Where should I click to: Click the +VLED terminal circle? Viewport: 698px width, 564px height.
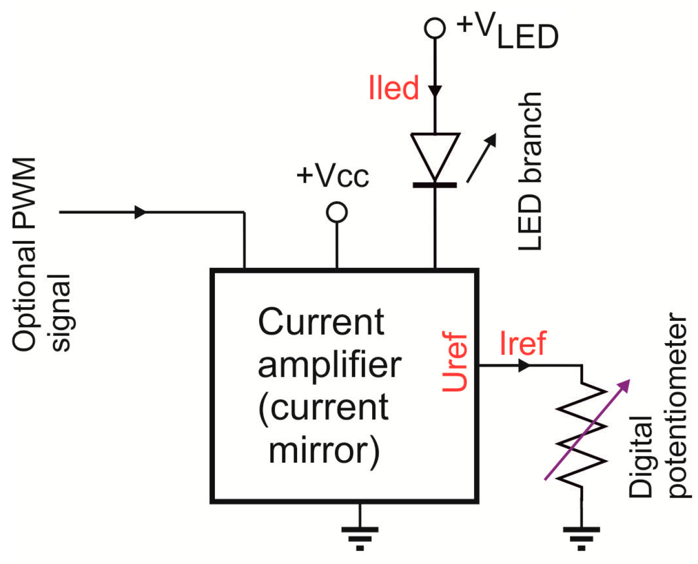coord(435,28)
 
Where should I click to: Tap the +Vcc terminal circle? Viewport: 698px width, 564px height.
coord(337,212)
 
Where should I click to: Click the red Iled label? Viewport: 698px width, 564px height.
coord(394,88)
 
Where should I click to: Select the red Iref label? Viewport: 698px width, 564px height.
coord(522,344)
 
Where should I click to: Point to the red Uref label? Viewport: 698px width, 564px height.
coord(455,362)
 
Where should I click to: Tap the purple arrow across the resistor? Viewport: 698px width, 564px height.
coord(588,429)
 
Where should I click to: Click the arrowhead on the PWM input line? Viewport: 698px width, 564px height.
coord(140,212)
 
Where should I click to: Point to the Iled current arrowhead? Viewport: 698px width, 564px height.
coord(435,91)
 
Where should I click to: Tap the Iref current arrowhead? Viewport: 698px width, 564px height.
coord(524,365)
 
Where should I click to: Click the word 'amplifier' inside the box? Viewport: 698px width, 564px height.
coord(329,365)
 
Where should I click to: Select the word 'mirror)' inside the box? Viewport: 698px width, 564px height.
coord(324,450)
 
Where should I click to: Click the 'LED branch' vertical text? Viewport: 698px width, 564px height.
coord(531,172)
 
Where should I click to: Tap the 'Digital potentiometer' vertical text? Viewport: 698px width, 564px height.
coord(658,406)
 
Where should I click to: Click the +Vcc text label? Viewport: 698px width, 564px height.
coord(333,176)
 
